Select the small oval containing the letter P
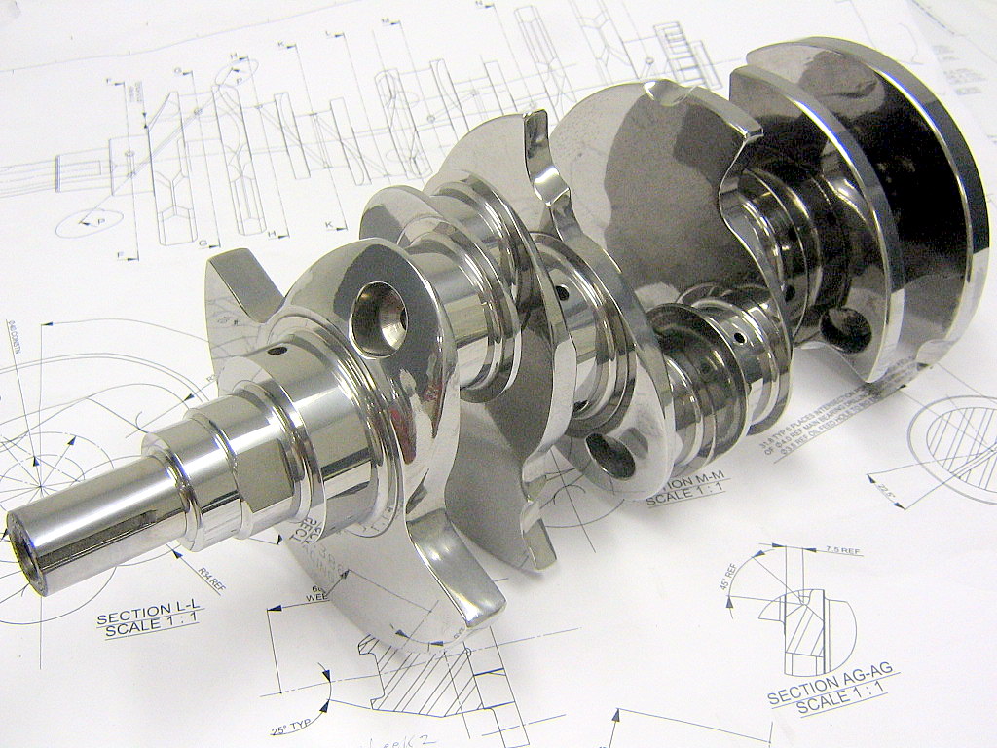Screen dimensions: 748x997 pos(89,222)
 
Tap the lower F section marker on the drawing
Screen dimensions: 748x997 pos(122,256)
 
